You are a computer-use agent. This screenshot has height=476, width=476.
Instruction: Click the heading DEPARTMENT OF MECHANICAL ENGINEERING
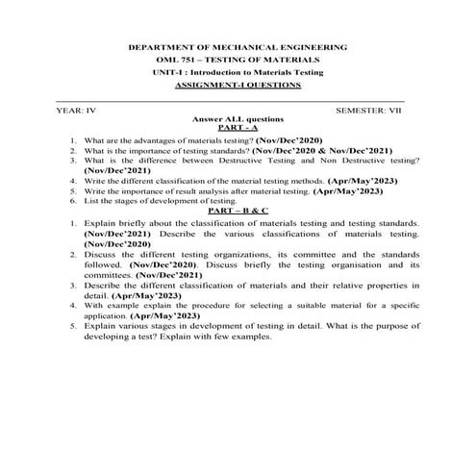[x=238, y=47]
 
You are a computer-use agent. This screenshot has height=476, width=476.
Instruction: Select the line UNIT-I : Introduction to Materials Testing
[x=238, y=72]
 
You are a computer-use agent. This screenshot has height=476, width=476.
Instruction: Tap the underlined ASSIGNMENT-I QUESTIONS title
[x=238, y=85]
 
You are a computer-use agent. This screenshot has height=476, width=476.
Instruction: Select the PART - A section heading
[x=238, y=127]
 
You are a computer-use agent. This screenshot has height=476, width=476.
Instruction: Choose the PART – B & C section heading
[x=238, y=210]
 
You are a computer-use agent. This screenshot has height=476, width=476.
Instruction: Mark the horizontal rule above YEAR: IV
[x=231, y=101]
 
